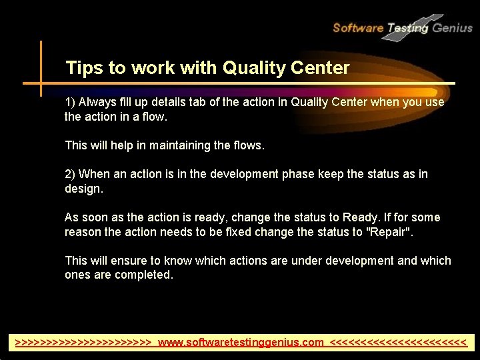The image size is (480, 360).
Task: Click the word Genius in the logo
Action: (x=452, y=28)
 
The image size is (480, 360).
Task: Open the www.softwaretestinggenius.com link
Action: (x=241, y=343)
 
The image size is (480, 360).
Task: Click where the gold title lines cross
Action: (x=41, y=83)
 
